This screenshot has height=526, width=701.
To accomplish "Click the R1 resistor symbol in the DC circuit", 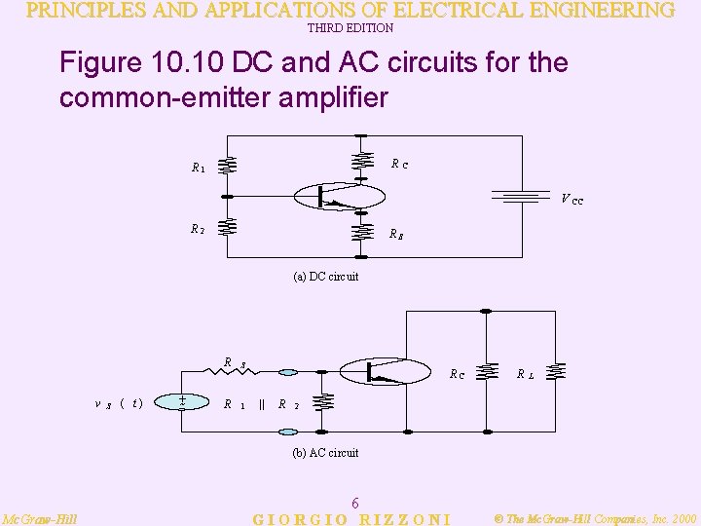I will (x=227, y=165).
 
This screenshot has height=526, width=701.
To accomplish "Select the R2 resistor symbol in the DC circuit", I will (x=227, y=228).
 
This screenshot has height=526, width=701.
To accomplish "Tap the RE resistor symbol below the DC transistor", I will (x=362, y=233).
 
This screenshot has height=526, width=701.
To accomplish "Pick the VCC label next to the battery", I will (x=572, y=200).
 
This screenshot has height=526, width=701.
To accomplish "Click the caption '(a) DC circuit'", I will (x=325, y=277).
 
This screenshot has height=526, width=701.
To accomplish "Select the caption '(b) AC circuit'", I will (x=325, y=453).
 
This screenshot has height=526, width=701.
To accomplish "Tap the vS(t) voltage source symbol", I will (x=182, y=402).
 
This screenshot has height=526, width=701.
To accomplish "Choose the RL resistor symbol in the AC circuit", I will (x=556, y=371).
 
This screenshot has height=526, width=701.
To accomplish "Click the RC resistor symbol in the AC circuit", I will (x=493, y=371).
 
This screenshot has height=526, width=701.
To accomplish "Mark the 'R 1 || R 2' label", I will (x=255, y=403).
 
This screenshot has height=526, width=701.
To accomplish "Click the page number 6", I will (x=355, y=503).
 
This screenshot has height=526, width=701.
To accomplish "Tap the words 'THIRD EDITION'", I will (x=350, y=28).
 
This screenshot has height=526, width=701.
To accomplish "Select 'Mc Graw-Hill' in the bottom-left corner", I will (x=40, y=519).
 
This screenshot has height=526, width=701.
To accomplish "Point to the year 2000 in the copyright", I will (x=682, y=519).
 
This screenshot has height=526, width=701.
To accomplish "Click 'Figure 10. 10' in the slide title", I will (x=141, y=63).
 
